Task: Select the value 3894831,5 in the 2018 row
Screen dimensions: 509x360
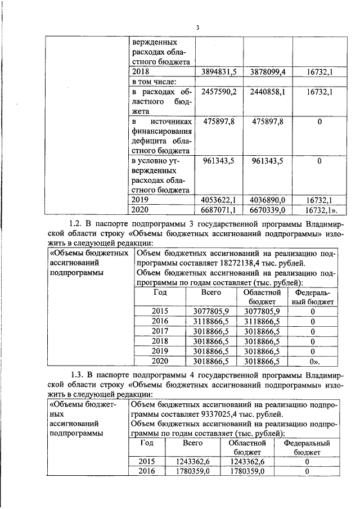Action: tap(218, 71)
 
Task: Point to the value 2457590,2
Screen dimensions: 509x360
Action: tap(218, 92)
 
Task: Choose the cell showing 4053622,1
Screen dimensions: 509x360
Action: tap(218, 199)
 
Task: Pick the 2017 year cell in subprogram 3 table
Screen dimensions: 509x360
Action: tap(160, 331)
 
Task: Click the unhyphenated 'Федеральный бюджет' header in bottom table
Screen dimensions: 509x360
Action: tap(307, 447)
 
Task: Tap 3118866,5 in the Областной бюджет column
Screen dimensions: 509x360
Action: tap(262, 321)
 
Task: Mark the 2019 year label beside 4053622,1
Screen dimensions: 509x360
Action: tap(139, 199)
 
